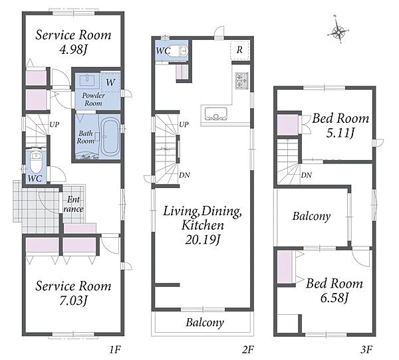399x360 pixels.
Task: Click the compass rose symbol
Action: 338,31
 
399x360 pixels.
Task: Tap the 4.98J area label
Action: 73,49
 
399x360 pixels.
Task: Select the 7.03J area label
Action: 73,300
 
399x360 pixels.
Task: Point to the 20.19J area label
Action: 203,239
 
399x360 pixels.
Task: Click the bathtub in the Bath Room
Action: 110,137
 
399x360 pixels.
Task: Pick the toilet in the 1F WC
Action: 36,162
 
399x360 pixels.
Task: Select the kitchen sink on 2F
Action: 215,114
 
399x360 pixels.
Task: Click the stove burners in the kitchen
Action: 242,81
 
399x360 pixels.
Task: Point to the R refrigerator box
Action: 239,50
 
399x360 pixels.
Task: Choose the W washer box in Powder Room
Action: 110,82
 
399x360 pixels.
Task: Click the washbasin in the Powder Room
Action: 88,80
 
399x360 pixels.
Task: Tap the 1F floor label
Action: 115,350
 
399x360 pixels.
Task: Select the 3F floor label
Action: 366,350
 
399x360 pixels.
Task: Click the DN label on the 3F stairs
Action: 307,175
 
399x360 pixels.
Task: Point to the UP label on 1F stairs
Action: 55,124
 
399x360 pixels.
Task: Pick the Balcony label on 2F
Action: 205,322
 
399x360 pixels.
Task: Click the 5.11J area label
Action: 340,133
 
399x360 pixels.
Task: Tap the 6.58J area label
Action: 334,298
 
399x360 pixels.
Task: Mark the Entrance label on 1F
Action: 73,204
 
